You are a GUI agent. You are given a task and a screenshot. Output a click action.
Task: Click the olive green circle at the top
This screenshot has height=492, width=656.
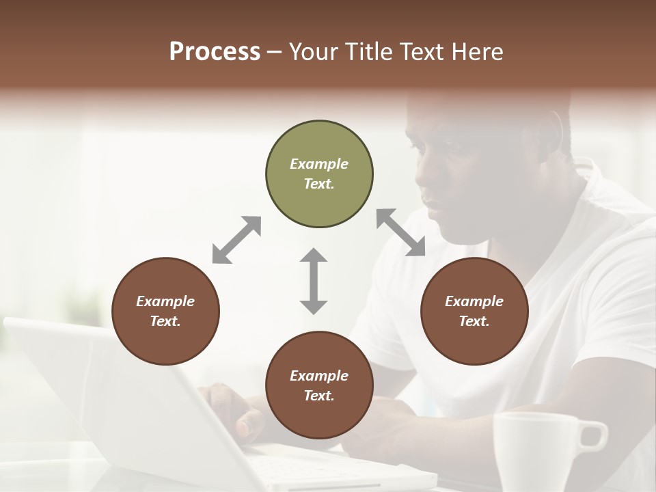(x=319, y=174)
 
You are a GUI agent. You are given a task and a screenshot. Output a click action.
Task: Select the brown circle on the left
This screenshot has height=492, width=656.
(x=165, y=311)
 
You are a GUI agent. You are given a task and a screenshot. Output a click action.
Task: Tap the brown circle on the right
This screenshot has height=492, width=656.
(x=474, y=311)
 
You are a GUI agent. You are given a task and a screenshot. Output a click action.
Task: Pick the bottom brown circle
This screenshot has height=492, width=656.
(x=319, y=385)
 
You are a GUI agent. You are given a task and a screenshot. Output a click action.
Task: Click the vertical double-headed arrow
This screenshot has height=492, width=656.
(x=314, y=281)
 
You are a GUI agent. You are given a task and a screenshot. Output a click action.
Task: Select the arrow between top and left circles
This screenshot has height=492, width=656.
(x=236, y=240)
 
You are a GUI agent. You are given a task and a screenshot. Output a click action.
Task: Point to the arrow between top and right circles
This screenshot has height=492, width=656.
(x=400, y=232)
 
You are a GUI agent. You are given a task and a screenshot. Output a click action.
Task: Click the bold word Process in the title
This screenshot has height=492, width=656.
(x=215, y=51)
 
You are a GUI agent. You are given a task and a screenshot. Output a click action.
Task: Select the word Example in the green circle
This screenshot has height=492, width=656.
(x=319, y=164)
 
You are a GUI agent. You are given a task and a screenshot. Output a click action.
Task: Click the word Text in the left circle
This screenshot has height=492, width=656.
(x=165, y=321)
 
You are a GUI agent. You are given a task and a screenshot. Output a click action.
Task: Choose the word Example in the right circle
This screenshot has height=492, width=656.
(x=474, y=301)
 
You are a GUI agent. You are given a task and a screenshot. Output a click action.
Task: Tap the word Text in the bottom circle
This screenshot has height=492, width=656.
(x=319, y=396)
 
